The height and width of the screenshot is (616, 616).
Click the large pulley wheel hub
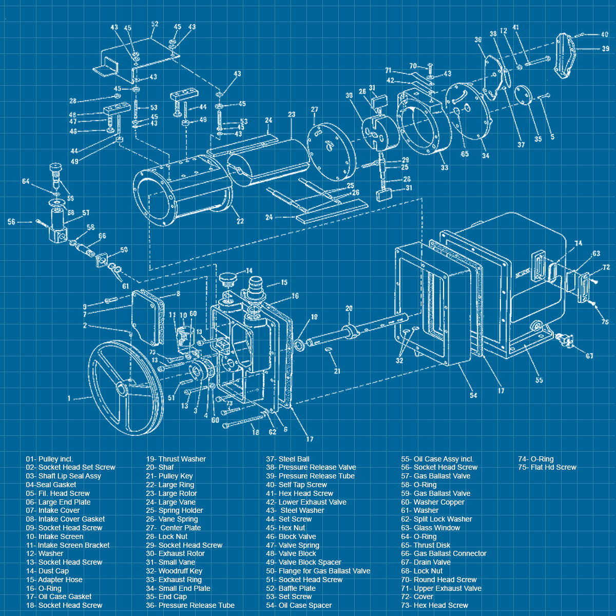click(x=123, y=389)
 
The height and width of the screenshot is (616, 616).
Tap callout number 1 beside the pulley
click(x=69, y=398)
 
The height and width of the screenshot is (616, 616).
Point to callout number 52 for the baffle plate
click(x=155, y=25)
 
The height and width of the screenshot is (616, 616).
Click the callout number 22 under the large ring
click(x=240, y=221)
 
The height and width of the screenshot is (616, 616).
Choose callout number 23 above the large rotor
click(x=292, y=115)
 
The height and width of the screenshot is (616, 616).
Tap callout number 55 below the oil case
click(x=539, y=380)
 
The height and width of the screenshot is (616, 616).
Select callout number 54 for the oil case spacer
click(x=473, y=395)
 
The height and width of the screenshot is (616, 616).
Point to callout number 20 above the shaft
click(x=349, y=309)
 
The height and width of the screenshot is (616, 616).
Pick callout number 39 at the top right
click(x=606, y=49)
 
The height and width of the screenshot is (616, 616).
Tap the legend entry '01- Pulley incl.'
click(x=49, y=459)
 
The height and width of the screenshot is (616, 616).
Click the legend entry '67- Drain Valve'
click(x=426, y=562)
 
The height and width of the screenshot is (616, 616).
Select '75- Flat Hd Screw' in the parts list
click(x=547, y=467)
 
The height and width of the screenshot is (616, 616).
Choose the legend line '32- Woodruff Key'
click(x=174, y=571)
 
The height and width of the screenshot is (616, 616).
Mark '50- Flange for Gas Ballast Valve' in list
click(x=318, y=571)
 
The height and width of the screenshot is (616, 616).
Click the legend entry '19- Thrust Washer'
click(x=176, y=459)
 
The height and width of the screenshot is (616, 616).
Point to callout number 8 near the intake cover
click(x=178, y=294)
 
